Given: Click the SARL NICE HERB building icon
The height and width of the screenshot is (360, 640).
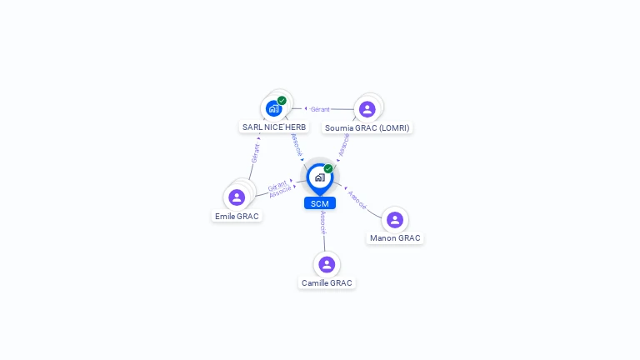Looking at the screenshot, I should click(x=273, y=108).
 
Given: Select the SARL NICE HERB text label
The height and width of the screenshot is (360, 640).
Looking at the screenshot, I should click(x=274, y=127).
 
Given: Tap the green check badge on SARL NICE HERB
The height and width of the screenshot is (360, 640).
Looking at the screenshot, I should click(x=282, y=101).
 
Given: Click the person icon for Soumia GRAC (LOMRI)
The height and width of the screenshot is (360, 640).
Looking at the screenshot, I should click(x=367, y=109).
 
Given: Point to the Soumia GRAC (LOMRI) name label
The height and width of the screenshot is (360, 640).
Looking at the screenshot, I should click(x=367, y=128).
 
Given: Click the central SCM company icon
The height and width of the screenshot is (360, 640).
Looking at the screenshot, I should click(x=319, y=177).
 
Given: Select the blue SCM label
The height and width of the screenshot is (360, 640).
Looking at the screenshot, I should click(x=319, y=203).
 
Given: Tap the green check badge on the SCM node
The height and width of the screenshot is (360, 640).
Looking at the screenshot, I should click(x=328, y=169).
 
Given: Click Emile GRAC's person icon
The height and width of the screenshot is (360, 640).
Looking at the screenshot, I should click(x=237, y=197).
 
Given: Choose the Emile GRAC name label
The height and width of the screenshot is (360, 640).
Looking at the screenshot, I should click(x=237, y=217).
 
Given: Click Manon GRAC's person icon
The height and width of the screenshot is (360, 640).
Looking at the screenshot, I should click(x=395, y=220).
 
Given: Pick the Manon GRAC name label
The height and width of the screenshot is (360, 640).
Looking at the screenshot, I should click(x=395, y=238).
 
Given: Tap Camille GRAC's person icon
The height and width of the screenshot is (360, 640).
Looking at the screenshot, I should click(x=327, y=264).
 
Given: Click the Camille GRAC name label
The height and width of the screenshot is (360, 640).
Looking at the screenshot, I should click(x=327, y=283).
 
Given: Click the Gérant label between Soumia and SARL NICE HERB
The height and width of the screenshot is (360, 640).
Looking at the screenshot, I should click(x=320, y=109).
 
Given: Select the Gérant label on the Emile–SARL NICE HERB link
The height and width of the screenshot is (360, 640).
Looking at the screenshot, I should click(x=255, y=153).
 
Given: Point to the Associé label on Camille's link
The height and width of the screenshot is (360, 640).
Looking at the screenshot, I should click(x=323, y=222).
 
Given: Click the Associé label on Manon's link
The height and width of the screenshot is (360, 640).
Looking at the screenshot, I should click(x=357, y=199).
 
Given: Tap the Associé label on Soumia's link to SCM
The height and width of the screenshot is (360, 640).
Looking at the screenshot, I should click(x=344, y=143).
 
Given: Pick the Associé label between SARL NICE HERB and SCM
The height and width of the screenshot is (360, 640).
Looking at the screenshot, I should click(x=297, y=143).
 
